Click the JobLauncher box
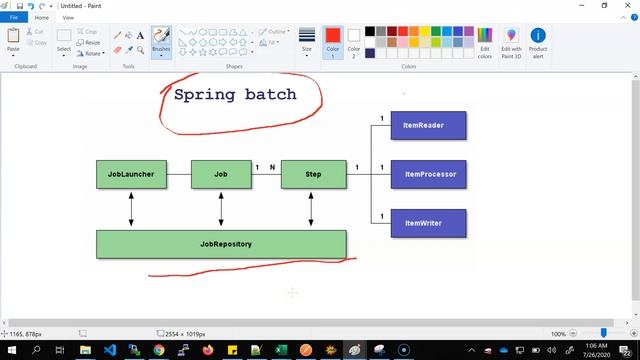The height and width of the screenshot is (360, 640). (131, 174)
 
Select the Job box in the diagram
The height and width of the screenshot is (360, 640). (221, 174)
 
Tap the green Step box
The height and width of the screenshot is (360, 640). (311, 174)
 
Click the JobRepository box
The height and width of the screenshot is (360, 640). (221, 244)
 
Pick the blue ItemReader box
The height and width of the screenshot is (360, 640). (428, 125)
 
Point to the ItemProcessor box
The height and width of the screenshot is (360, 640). (428, 174)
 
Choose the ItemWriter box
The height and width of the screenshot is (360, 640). (428, 222)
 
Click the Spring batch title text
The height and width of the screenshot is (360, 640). (235, 95)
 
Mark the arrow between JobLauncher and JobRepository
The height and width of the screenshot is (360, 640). (131, 209)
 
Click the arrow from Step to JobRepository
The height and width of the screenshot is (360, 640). (311, 209)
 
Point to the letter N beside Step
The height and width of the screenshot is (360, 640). (272, 167)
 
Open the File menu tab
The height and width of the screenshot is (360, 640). (14, 17)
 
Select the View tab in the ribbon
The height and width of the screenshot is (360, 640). (68, 17)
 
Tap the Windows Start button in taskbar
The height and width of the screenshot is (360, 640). (11, 350)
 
